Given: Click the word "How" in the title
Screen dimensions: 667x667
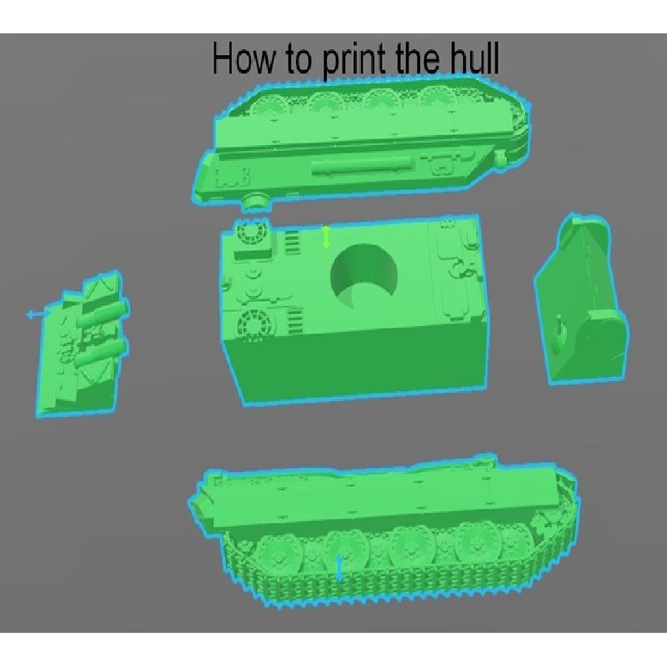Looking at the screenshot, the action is (x=243, y=58).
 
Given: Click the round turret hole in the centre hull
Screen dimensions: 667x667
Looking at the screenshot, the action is (x=364, y=276).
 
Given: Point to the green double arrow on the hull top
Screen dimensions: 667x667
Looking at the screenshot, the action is (x=326, y=237).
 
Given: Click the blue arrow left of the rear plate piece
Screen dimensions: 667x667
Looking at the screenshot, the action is (x=38, y=314).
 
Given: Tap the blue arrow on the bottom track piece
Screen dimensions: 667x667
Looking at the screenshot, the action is (x=339, y=568).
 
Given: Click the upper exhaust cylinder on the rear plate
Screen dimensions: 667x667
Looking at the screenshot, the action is (x=102, y=316).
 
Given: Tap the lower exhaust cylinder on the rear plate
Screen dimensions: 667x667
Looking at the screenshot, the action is (x=101, y=354).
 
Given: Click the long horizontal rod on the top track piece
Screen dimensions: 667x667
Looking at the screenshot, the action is (x=363, y=165).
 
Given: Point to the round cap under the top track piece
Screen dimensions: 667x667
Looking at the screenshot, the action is (x=256, y=201).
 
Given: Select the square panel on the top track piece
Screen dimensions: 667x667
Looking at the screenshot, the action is (x=232, y=177).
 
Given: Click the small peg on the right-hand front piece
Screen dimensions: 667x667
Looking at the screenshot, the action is (x=560, y=324).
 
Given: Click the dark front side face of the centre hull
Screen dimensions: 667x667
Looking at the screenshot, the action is (x=355, y=364).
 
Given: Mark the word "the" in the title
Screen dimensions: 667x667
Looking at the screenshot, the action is (x=419, y=58).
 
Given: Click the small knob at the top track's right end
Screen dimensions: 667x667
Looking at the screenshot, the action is (x=501, y=159).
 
